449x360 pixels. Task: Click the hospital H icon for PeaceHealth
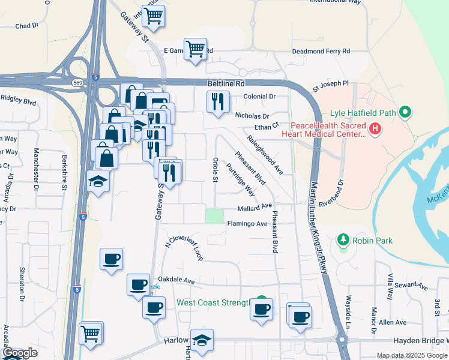[x=375, y=128]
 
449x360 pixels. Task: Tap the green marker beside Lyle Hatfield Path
[x=405, y=112]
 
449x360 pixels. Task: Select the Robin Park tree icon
[x=343, y=240]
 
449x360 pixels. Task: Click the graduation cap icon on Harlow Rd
[x=202, y=340]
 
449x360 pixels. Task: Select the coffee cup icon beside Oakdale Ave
[x=138, y=284]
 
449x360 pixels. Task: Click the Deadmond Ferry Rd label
[x=321, y=52]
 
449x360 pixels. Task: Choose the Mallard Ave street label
[x=255, y=206]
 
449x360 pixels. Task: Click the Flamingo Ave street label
[x=247, y=224]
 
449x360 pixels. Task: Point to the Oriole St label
[x=215, y=170]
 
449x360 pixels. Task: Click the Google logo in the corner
[x=20, y=353]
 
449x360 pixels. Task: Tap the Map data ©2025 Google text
[x=411, y=355]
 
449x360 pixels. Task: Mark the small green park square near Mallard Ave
[x=214, y=216]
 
